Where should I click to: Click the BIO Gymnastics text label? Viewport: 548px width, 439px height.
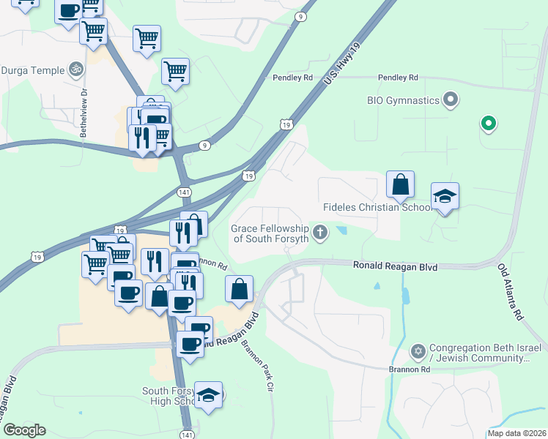pyautogui.click(x=403, y=100)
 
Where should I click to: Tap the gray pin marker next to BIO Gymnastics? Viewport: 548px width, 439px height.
pyautogui.click(x=451, y=100)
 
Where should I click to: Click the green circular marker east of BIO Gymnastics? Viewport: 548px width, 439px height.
pyautogui.click(x=487, y=124)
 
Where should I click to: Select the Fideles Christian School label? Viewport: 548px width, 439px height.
pyautogui.click(x=379, y=208)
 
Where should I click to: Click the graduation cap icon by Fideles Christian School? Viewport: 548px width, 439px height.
pyautogui.click(x=445, y=196)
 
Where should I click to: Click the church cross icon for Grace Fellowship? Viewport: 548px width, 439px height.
pyautogui.click(x=319, y=233)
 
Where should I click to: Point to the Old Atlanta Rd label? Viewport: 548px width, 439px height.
pyautogui.click(x=510, y=292)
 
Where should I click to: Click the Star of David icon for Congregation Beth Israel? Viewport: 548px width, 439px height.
pyautogui.click(x=418, y=352)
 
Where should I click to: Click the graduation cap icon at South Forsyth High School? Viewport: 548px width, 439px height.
pyautogui.click(x=209, y=395)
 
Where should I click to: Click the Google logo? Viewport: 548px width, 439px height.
pyautogui.click(x=24, y=429)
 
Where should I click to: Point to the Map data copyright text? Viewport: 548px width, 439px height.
pyautogui.click(x=516, y=433)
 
